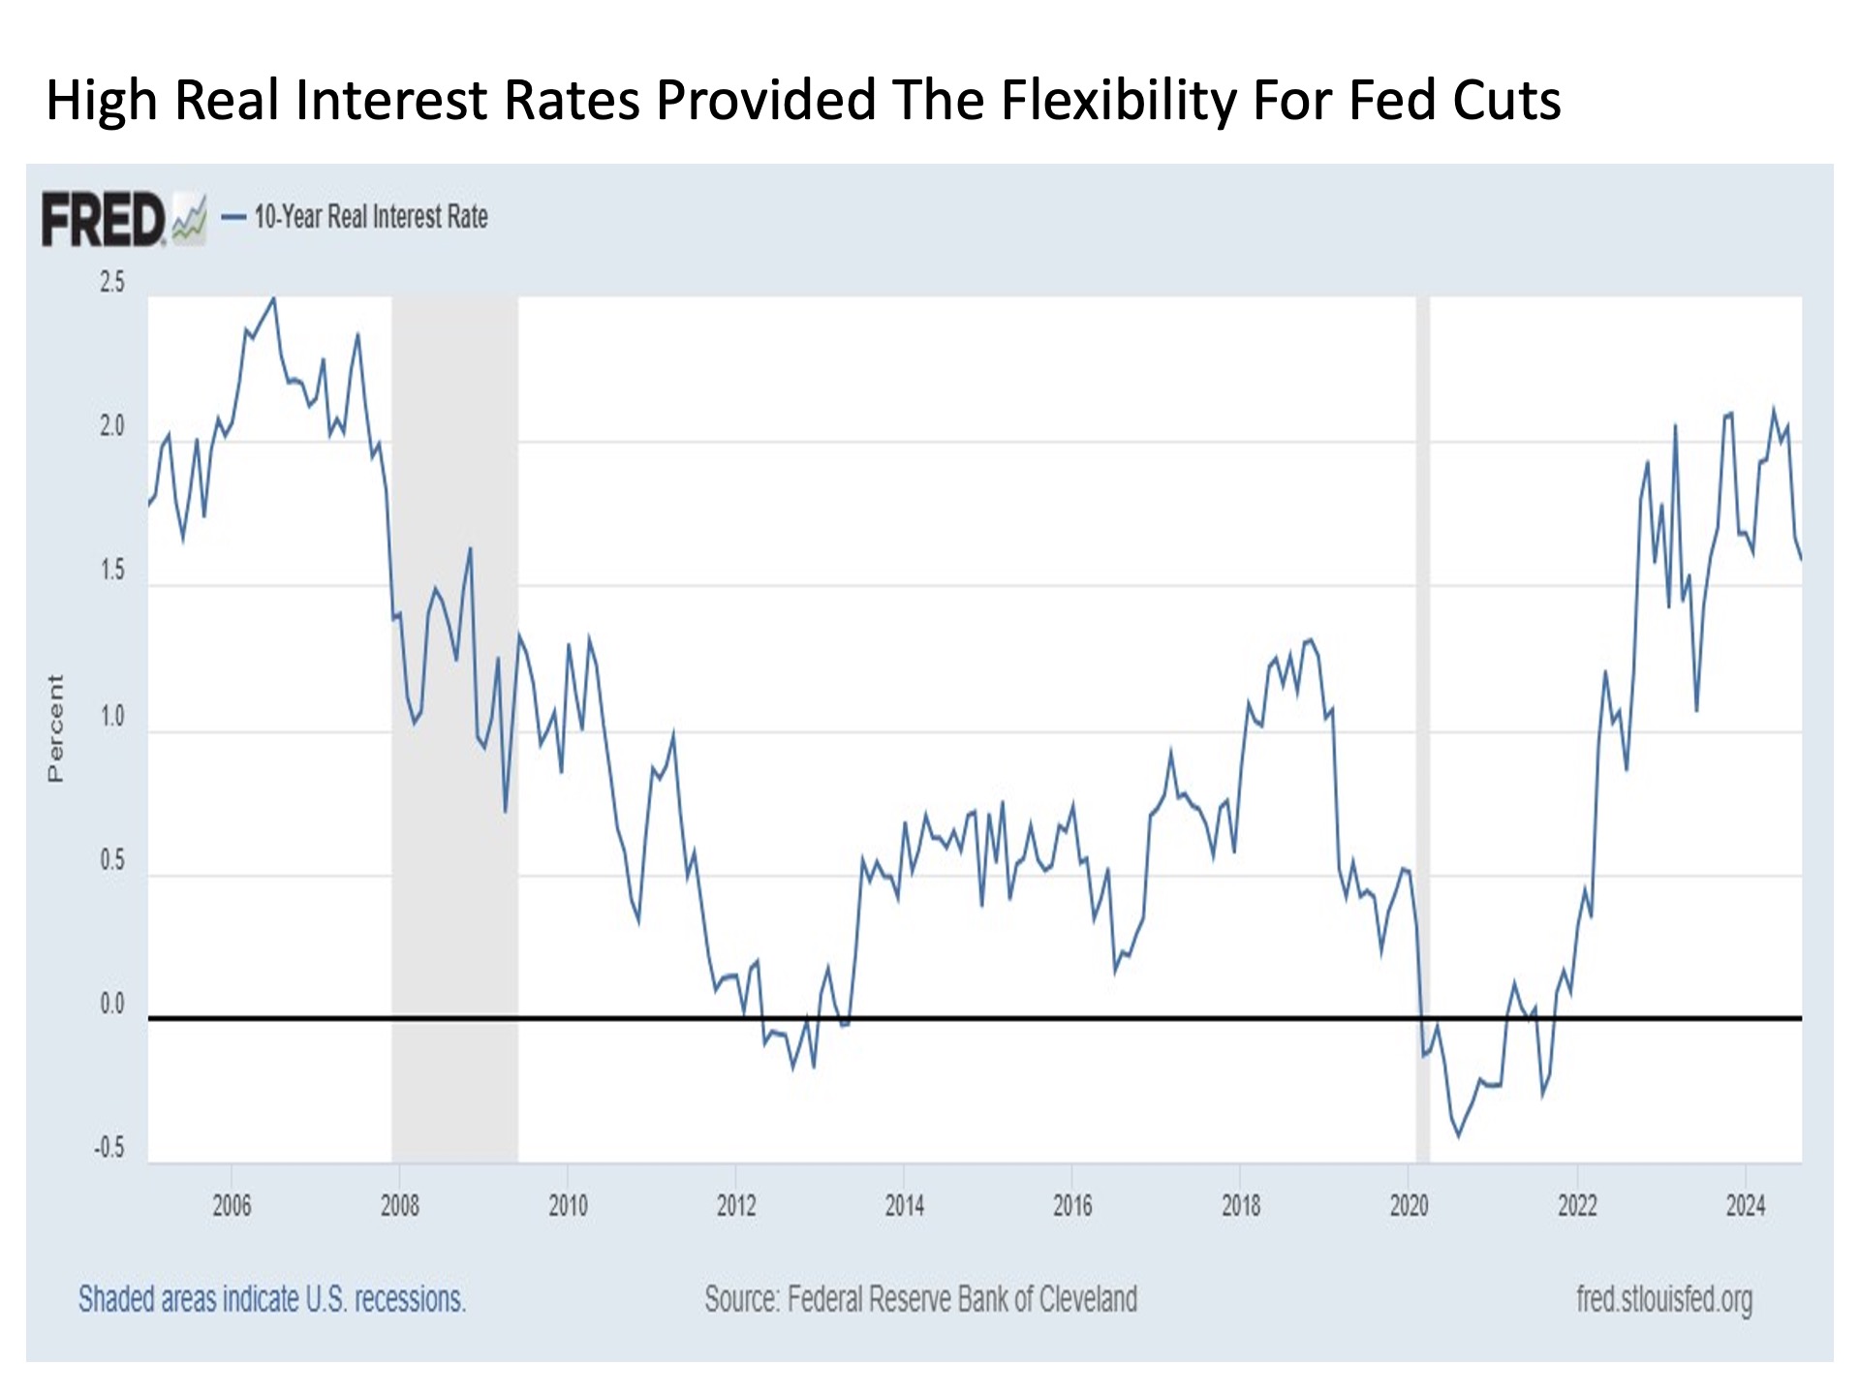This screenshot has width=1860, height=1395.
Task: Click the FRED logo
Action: [105, 219]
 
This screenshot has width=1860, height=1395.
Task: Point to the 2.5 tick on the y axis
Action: [112, 282]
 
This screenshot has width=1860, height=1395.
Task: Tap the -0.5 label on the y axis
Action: [109, 1148]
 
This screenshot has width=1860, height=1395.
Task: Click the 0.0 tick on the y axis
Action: [112, 1005]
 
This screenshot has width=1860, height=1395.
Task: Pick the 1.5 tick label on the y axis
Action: [112, 571]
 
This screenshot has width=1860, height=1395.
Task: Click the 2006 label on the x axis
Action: [232, 1206]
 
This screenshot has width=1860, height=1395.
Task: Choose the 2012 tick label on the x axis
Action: [736, 1206]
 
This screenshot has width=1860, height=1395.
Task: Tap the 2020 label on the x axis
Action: [1409, 1206]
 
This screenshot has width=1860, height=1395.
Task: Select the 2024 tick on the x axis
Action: [1746, 1206]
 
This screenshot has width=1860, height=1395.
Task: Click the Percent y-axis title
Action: [55, 728]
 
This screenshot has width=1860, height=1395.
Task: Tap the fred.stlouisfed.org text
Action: [1664, 1299]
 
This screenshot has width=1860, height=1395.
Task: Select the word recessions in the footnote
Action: [411, 1299]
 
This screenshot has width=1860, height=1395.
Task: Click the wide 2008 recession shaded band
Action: [454, 727]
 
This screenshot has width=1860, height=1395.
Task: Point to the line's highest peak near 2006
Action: [274, 298]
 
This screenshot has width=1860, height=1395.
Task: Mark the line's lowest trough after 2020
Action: [1459, 1135]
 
